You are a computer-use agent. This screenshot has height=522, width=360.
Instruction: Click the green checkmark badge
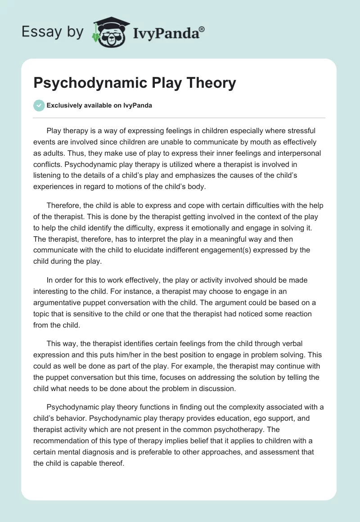point(39,106)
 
